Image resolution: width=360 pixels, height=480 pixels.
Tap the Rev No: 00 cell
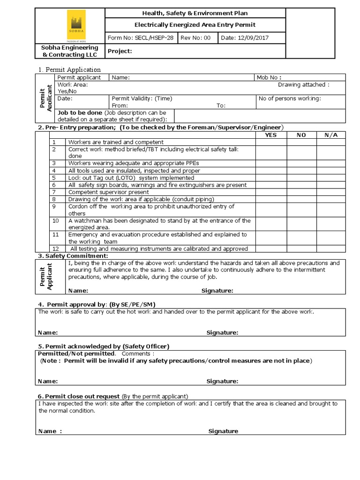(196, 38)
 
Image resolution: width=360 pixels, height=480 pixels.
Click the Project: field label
(120, 51)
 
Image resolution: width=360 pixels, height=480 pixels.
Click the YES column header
(270, 135)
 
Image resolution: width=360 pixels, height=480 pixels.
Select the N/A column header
(331, 135)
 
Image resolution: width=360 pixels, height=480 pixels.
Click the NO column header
(301, 135)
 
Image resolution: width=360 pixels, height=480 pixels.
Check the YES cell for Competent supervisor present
(270, 192)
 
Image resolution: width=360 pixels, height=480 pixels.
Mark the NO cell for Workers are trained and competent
(301, 142)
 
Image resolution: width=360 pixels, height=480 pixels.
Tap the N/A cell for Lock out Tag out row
(331, 178)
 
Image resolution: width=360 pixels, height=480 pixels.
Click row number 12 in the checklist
(56, 248)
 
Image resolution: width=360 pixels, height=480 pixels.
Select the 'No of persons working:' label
(290, 98)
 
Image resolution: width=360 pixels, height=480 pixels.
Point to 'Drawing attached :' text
(303, 85)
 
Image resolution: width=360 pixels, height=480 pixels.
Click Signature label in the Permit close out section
(223, 431)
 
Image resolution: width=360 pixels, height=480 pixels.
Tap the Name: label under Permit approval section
(48, 333)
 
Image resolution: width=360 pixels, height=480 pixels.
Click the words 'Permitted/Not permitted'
(76, 353)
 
